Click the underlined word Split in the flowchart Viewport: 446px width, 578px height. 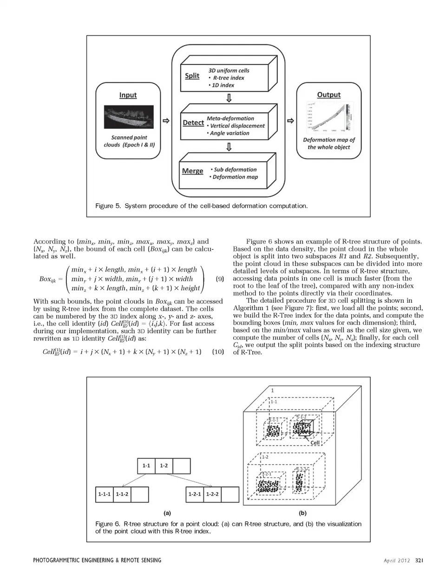coord(192,76)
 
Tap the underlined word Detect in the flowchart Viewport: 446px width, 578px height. coord(193,123)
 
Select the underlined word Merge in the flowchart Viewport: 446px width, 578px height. coord(192,171)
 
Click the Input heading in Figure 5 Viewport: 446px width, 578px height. coord(128,95)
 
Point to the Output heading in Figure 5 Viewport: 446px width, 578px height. coord(328,95)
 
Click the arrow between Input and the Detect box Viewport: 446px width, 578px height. coord(165,121)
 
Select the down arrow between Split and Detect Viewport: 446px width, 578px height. coord(229,98)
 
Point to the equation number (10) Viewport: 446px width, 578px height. coord(218,351)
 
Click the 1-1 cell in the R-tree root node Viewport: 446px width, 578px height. coord(146,465)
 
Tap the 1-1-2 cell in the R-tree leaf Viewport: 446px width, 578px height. coord(122,494)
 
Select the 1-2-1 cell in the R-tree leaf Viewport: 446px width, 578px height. coord(194,494)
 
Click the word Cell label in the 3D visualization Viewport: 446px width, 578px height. coord(315,442)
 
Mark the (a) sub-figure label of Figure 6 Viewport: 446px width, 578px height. coord(167,513)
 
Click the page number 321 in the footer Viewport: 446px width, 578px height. coord(419,560)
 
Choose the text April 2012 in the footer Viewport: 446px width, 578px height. coord(397,560)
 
